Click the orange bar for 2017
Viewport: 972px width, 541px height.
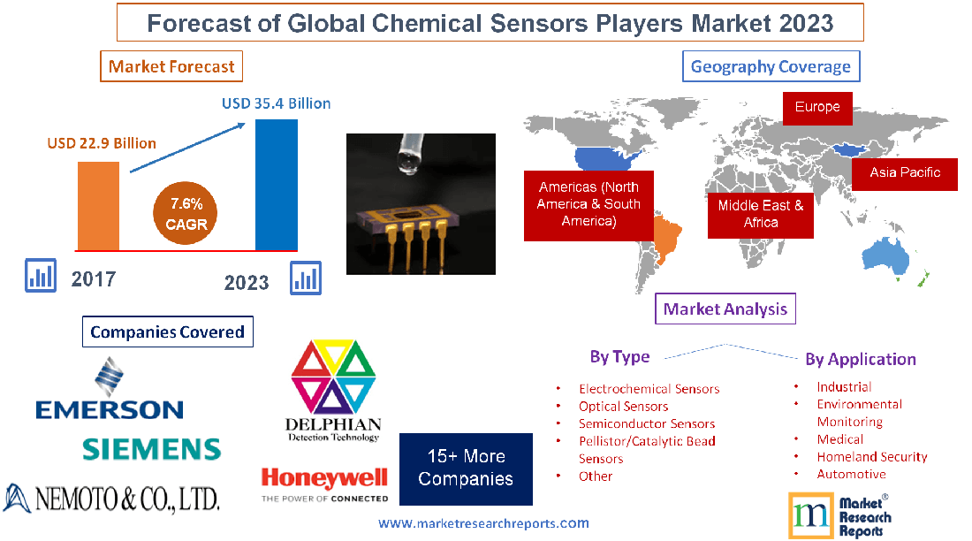(98, 205)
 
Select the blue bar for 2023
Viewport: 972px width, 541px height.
(276, 185)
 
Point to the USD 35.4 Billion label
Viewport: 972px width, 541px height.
(276, 103)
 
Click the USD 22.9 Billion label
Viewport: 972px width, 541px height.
(102, 143)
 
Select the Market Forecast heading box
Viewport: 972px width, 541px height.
(171, 66)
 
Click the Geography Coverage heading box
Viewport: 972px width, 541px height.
(771, 66)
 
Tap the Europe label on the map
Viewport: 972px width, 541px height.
(817, 107)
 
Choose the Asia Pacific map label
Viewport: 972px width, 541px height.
(905, 172)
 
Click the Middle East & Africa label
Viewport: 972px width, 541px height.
(760, 214)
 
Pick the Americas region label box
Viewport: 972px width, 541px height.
(589, 204)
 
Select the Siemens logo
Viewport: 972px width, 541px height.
(151, 449)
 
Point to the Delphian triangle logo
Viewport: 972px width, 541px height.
(333, 389)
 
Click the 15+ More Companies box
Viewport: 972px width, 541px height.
(466, 469)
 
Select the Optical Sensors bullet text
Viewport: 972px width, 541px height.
(623, 407)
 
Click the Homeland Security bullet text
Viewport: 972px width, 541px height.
(871, 457)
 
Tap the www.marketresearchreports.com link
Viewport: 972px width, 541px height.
(483, 523)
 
